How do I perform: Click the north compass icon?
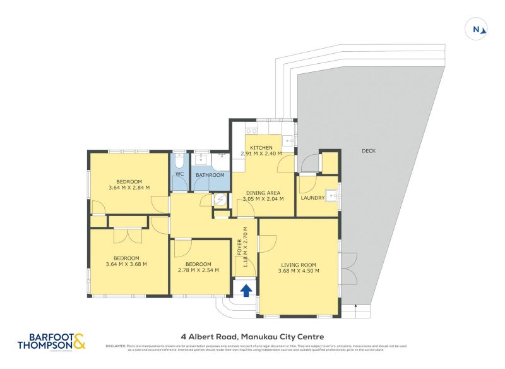477,29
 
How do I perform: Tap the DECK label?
369,151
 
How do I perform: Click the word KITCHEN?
261,147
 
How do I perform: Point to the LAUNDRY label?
312,198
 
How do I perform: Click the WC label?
179,174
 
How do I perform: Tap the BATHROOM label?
209,175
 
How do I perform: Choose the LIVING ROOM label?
299,265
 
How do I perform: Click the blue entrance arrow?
246,290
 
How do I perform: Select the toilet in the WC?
179,159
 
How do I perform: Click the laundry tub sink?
330,194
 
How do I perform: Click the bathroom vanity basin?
201,159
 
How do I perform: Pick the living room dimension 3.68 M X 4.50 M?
299,271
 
